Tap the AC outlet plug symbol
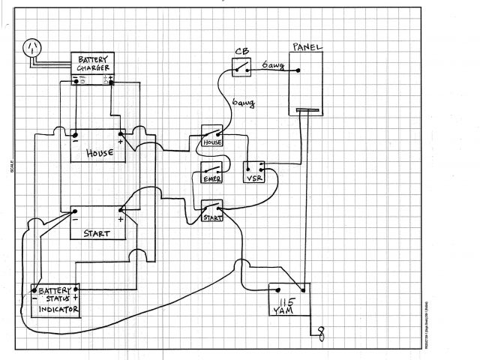coord(31,46)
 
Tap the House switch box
coord(213,138)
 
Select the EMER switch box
coord(212,174)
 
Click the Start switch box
coord(212,211)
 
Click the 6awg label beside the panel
coord(272,66)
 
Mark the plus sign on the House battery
coord(120,139)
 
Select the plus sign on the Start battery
coord(120,218)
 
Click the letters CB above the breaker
coord(241,52)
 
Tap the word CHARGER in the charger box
coord(92,69)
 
